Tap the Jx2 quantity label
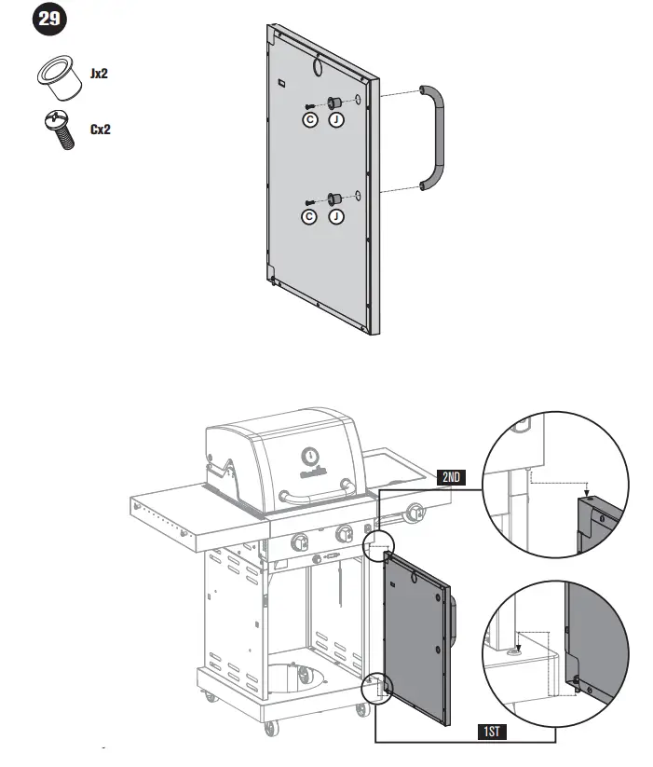pos(99,74)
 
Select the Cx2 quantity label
pos(100,130)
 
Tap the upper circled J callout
pos(335,119)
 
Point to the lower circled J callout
pos(335,216)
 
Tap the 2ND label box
pos(452,477)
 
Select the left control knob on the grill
pos(300,541)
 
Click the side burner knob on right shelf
pos(416,512)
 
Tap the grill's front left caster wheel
pos(270,727)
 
